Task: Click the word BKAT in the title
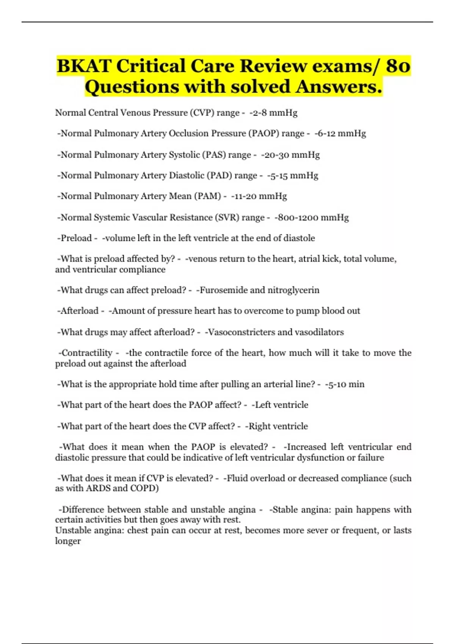click(x=84, y=66)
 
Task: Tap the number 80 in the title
click(x=398, y=66)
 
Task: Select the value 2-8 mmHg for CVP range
click(x=274, y=113)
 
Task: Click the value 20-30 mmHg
click(x=291, y=155)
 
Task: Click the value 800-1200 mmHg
click(x=312, y=217)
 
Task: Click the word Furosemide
click(x=223, y=290)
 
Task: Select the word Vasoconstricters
click(x=241, y=332)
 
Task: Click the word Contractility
click(x=87, y=353)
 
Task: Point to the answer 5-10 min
click(x=345, y=385)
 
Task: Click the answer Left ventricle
click(x=281, y=405)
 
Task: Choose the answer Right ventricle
click(x=277, y=426)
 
